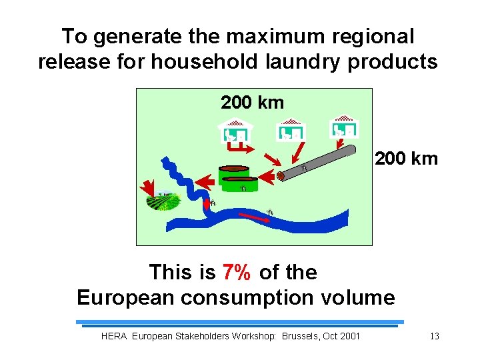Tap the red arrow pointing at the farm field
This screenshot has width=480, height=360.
point(147,185)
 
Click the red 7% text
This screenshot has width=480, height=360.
point(237,272)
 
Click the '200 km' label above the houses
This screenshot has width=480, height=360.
point(252,103)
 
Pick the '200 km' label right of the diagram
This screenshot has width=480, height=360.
point(406,159)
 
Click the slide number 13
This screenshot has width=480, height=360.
point(434,336)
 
